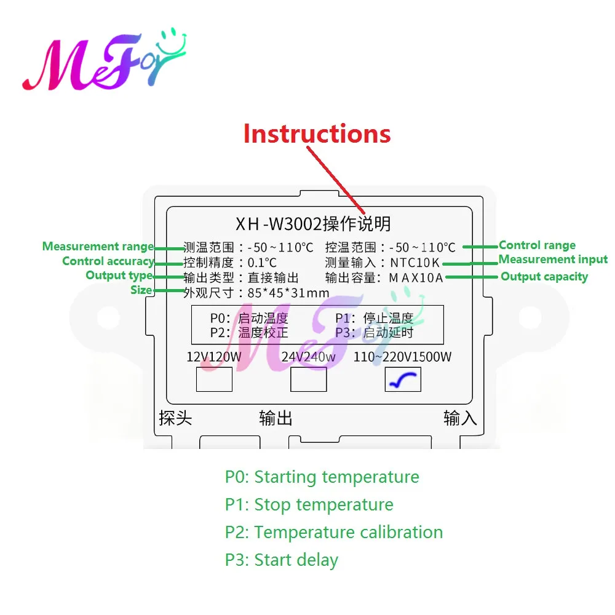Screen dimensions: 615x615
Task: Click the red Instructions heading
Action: tap(317, 133)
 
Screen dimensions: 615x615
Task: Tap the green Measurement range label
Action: tap(98, 247)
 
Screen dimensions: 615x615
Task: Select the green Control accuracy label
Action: tap(108, 261)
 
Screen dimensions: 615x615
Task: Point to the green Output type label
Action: tap(119, 276)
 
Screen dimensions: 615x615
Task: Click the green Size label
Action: tap(141, 290)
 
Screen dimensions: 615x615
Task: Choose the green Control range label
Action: tap(537, 245)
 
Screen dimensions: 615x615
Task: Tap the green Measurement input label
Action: tap(553, 260)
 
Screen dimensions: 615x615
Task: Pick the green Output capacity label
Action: tap(544, 277)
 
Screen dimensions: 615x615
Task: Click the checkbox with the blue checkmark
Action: tap(403, 379)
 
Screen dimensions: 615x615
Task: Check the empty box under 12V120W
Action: tap(214, 379)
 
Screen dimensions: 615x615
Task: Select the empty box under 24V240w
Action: tap(308, 379)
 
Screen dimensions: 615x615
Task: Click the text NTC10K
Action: tap(415, 263)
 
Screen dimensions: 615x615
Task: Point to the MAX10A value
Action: tap(416, 277)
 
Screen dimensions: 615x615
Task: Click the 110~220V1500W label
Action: tap(402, 357)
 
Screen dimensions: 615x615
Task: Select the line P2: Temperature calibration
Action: tap(333, 532)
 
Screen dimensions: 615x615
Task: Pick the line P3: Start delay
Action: tap(281, 560)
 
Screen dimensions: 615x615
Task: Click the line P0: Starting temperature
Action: tap(322, 477)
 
